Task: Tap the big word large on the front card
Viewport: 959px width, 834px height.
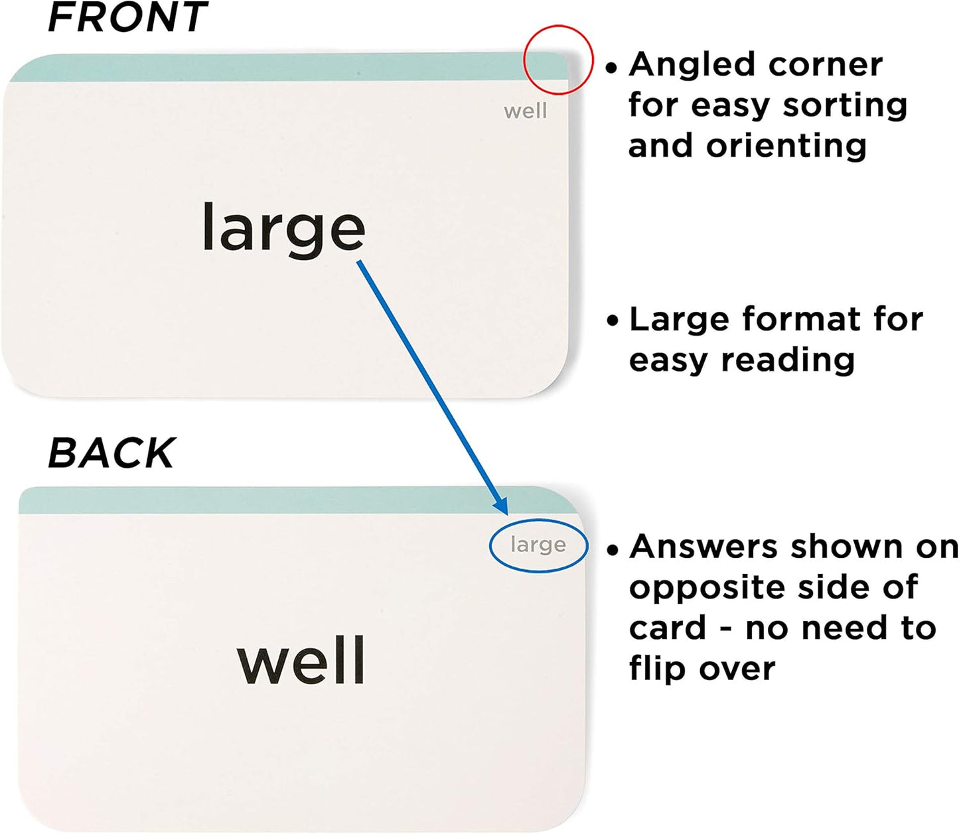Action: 283,230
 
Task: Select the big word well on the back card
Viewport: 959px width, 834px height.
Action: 301,660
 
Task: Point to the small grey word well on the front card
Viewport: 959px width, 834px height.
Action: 526,111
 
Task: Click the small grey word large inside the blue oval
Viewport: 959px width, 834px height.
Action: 538,545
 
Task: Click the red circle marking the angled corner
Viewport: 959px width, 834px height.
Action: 558,25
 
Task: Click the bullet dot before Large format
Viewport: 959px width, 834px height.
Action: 612,321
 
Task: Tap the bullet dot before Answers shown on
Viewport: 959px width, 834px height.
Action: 612,549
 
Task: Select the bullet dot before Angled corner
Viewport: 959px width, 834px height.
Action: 611,68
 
